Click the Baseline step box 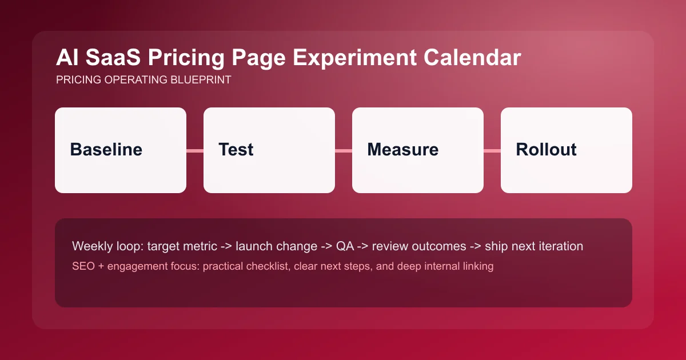(121, 150)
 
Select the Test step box (269, 150)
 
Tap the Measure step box (418, 150)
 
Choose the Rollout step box (567, 150)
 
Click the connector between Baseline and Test (195, 151)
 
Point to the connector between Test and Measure (344, 151)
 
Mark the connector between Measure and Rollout (492, 151)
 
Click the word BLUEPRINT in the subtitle (201, 80)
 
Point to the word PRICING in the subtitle (79, 80)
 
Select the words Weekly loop (107, 247)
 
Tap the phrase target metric (182, 247)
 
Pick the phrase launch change (276, 247)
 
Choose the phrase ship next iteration (534, 247)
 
